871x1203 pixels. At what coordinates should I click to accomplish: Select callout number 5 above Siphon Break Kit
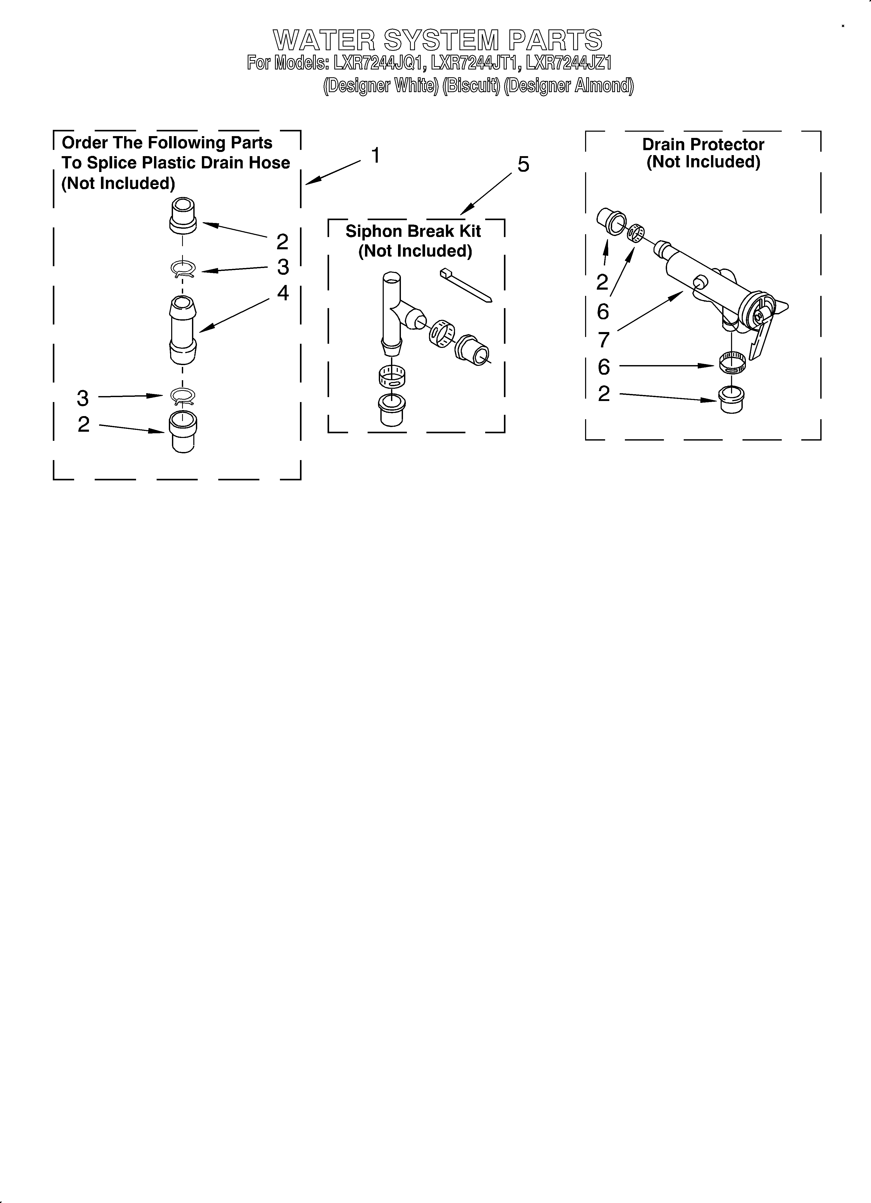click(x=523, y=165)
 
